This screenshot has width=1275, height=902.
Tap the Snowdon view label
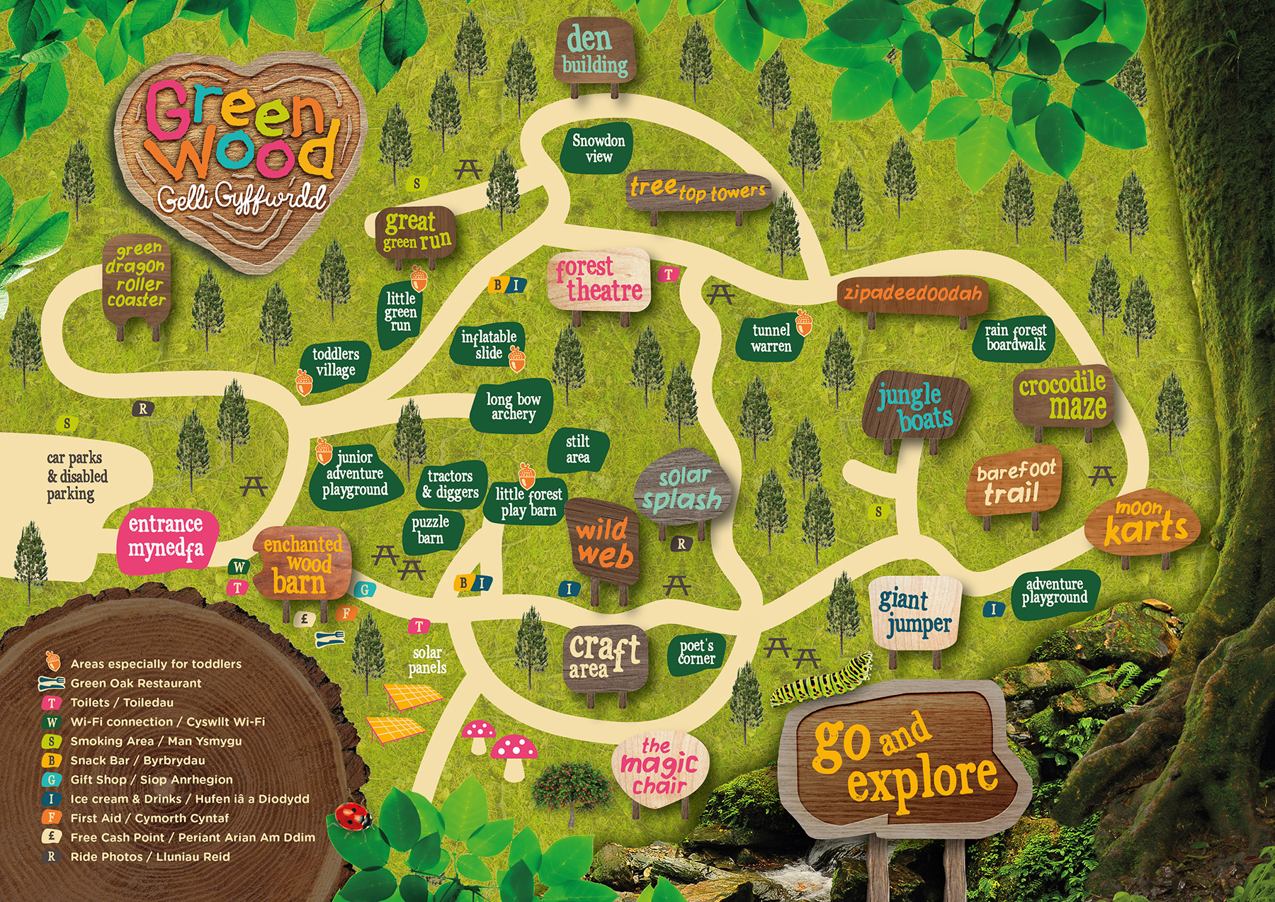(x=598, y=149)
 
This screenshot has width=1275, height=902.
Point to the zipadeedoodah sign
(x=912, y=293)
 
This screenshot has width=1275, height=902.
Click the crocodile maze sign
(x=1062, y=396)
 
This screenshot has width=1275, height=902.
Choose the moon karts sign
(x=1143, y=524)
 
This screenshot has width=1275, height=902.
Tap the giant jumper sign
(x=915, y=611)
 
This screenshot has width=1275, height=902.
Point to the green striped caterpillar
(x=822, y=681)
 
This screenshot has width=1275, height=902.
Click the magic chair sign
(x=659, y=767)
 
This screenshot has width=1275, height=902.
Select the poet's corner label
(x=696, y=653)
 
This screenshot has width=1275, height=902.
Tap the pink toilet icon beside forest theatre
(x=668, y=274)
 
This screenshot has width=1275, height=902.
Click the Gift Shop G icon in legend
(x=51, y=779)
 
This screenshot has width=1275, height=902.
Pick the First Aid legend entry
(x=149, y=818)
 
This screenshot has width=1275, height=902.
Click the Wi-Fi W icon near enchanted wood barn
(x=239, y=567)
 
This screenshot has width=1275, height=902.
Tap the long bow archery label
(x=513, y=407)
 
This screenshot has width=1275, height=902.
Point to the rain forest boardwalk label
(x=1015, y=337)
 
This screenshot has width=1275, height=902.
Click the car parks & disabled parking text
(x=76, y=476)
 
